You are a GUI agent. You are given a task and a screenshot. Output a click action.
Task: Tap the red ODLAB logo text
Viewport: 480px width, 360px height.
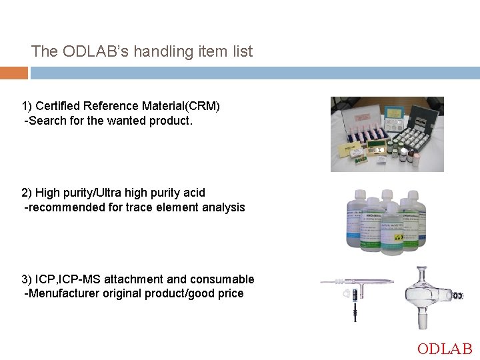tap(445, 349)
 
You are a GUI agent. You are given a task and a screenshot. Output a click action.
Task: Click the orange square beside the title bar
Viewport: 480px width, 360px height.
tap(14, 73)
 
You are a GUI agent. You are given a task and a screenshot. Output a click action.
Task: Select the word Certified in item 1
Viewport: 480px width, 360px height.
tap(59, 107)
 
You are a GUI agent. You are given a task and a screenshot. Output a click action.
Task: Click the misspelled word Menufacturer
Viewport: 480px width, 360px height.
tap(64, 294)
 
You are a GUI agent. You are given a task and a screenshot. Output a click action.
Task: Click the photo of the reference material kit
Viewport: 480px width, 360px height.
tap(387, 134)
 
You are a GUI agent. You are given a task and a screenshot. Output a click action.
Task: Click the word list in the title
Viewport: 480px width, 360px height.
tap(241, 51)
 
